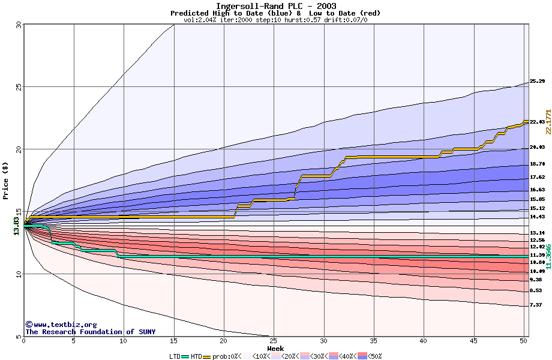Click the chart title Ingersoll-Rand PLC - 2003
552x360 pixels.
tap(276, 6)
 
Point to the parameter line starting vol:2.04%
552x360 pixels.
tap(275, 20)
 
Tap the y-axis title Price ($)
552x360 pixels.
tap(5, 180)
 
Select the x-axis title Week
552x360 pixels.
tap(275, 348)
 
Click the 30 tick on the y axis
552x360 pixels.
tap(18, 25)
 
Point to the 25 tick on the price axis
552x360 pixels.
tap(18, 87)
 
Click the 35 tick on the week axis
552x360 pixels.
tap(374, 341)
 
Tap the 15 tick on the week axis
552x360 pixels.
tap(173, 341)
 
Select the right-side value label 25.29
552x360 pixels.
tap(537, 82)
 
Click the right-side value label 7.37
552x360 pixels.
tap(537, 305)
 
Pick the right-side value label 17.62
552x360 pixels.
tap(537, 178)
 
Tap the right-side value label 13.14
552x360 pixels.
tap(537, 233)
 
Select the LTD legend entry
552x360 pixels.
tap(176, 356)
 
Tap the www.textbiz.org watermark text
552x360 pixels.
tap(61, 325)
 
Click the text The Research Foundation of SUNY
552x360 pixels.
tap(90, 332)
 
